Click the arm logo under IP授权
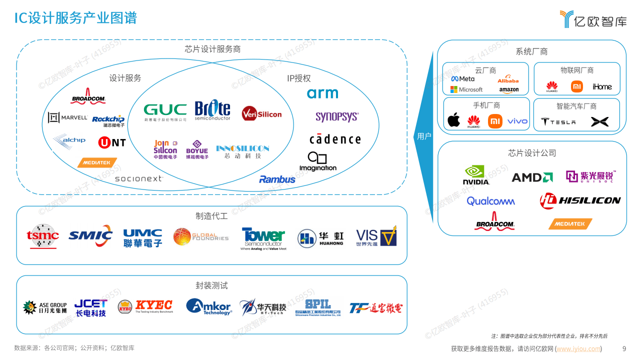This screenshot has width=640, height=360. (322, 93)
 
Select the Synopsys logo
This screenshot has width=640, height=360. (337, 117)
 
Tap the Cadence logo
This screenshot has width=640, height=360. (335, 139)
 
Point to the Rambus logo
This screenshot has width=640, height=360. (277, 179)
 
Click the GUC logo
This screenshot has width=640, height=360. (165, 111)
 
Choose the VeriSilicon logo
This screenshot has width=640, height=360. (261, 114)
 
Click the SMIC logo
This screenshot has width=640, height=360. (90, 236)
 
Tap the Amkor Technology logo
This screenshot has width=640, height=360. (209, 306)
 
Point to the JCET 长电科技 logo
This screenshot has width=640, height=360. (90, 307)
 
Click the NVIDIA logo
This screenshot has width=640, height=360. (476, 175)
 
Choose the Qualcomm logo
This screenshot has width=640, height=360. (490, 201)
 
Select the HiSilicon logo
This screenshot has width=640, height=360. (580, 200)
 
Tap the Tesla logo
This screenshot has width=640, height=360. (558, 121)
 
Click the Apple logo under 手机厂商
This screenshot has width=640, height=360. (453, 120)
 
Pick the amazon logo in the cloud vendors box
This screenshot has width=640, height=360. (509, 90)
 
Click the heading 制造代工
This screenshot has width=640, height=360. (211, 216)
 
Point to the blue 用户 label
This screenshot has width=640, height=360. (424, 136)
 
